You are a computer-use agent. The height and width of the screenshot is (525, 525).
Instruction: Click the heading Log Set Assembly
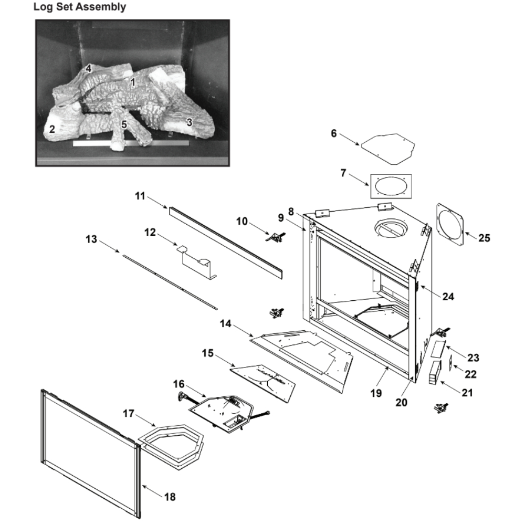click(79, 7)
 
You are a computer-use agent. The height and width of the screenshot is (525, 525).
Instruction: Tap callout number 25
click(484, 238)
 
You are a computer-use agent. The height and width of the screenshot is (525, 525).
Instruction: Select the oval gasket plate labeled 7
click(391, 186)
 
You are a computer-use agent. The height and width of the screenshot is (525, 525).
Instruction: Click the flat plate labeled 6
click(389, 147)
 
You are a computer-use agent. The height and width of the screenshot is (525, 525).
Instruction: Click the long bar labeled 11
click(226, 241)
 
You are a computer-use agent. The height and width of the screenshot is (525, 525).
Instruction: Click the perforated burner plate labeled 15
click(262, 383)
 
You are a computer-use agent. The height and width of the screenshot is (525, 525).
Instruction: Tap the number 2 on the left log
click(52, 129)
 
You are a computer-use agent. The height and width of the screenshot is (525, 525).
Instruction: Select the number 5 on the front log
click(123, 124)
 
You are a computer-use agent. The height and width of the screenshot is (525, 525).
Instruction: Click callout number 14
click(225, 324)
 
